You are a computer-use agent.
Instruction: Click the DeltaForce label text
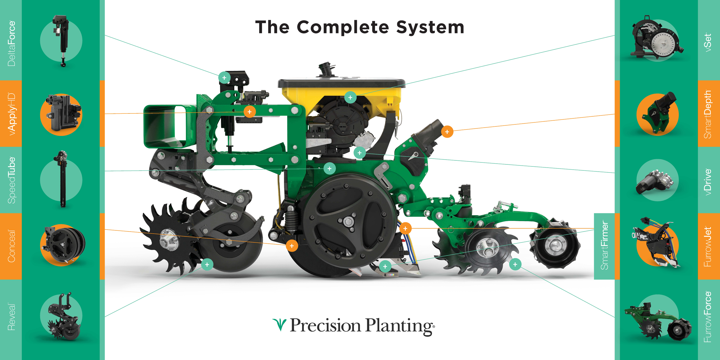point(12,43)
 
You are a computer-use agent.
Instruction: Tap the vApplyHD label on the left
point(12,114)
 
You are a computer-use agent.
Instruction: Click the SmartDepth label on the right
point(708,114)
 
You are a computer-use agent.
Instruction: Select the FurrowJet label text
point(708,247)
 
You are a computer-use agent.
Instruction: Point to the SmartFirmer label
point(604,246)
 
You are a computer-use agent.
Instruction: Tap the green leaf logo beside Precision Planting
point(279,325)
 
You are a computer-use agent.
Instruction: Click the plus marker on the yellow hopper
point(350,98)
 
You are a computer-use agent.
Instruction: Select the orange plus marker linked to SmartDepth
point(447,132)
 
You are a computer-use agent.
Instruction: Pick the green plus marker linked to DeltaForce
point(224,78)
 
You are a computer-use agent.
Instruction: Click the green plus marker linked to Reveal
point(207,264)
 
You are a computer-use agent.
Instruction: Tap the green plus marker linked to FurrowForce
point(515,264)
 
